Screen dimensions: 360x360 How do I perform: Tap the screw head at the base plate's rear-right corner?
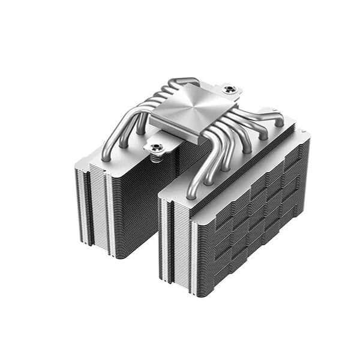click(229, 89)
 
